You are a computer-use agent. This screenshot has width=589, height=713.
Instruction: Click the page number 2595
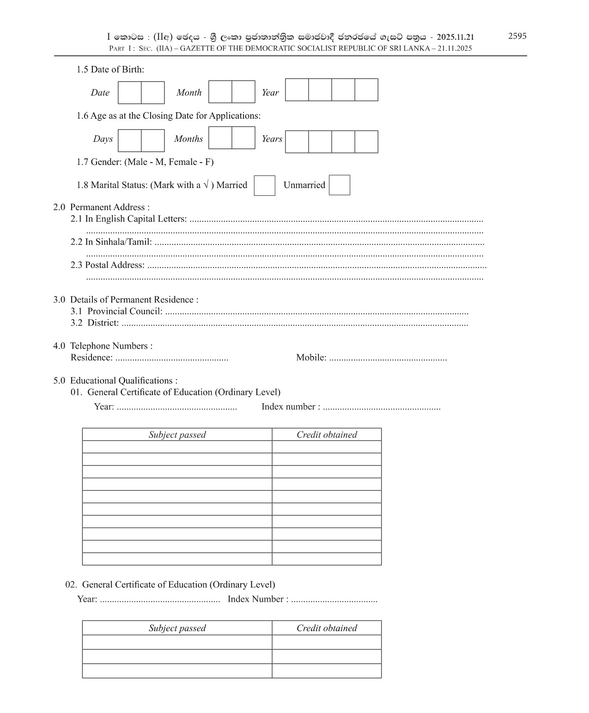[517, 36]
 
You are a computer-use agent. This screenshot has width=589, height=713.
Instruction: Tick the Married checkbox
[264, 186]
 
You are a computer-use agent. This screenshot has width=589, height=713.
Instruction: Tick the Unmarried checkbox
[339, 185]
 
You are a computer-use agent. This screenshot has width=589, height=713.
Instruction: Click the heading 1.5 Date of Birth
[110, 70]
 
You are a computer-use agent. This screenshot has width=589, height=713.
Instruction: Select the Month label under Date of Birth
[189, 93]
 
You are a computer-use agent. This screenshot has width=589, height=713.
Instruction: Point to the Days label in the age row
[103, 139]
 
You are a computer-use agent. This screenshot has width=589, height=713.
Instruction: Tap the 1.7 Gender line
[145, 162]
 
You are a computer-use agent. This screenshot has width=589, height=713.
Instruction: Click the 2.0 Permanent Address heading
[102, 207]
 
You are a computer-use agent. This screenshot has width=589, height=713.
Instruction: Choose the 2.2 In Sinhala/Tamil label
[111, 242]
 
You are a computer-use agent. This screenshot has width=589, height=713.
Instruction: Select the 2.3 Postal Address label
[108, 265]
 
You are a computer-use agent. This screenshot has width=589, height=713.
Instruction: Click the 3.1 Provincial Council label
[116, 312]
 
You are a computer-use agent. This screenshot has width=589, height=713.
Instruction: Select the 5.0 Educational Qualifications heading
[115, 381]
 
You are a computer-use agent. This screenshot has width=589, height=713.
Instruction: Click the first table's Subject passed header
[177, 435]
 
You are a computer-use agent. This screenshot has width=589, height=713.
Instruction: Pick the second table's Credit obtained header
[327, 628]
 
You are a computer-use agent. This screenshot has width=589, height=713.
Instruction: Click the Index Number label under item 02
[258, 599]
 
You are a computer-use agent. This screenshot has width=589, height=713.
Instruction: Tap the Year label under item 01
[104, 407]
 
